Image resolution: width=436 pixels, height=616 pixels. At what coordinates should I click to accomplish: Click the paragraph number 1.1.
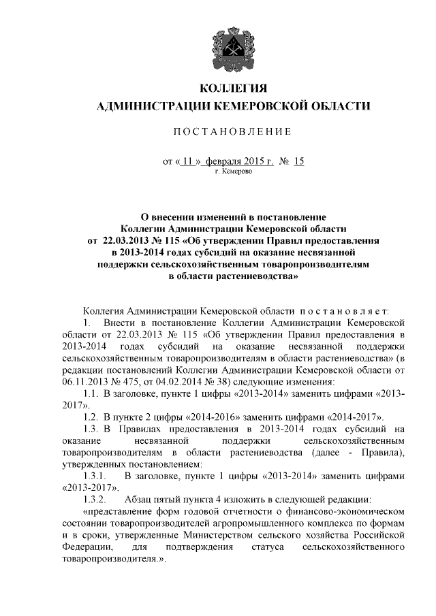91,395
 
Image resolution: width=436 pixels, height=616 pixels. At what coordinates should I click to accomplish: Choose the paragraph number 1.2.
91,416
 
